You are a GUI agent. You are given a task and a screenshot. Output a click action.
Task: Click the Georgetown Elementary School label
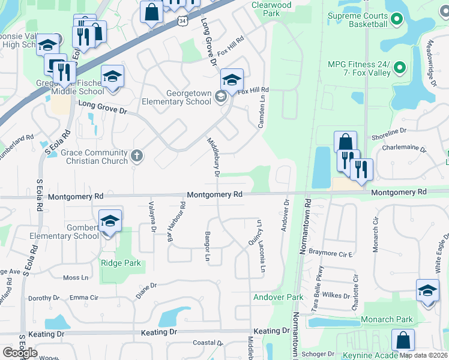click(x=176, y=97)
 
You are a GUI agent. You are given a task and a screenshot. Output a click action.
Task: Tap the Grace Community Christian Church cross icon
click(x=137, y=157)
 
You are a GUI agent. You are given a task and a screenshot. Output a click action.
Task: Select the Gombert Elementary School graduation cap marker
click(x=110, y=222)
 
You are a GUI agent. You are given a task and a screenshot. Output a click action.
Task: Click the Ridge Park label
click(x=121, y=263)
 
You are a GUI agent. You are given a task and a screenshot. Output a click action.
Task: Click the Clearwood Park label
click(x=271, y=9)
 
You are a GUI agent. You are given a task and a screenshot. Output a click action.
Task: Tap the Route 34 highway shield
click(x=182, y=21)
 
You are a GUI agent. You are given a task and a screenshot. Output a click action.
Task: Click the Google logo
click(x=20, y=352)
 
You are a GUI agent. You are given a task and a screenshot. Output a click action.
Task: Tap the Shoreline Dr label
click(x=390, y=130)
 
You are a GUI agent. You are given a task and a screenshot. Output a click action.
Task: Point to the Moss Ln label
click(x=76, y=278)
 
